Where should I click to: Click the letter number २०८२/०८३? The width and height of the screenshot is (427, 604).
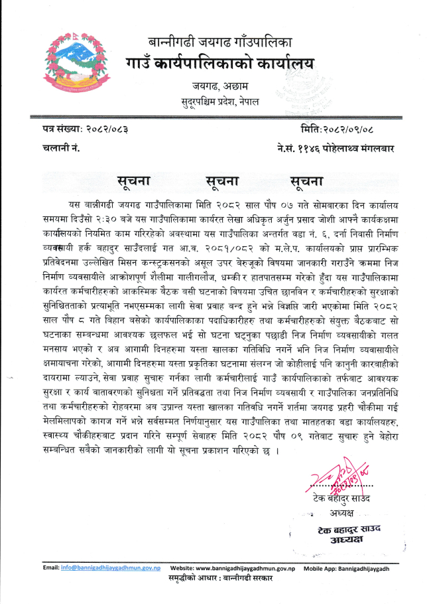[105, 127]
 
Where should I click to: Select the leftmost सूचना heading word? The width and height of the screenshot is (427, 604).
[135, 181]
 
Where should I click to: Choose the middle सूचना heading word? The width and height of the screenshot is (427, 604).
[221, 181]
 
